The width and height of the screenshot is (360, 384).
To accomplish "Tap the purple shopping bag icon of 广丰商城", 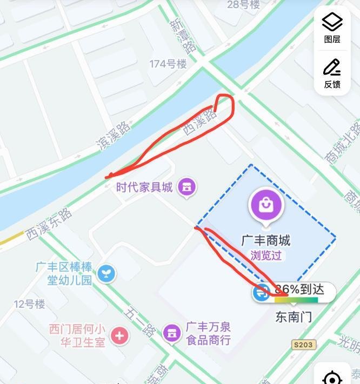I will [x=265, y=205].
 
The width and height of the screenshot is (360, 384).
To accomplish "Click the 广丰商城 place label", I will [x=265, y=240].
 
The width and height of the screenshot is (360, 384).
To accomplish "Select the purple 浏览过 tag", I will [x=265, y=255].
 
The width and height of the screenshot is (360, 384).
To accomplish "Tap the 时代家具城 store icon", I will [x=187, y=187].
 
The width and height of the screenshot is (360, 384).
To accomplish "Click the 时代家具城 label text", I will [x=144, y=187].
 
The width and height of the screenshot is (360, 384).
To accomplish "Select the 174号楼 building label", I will [x=168, y=64].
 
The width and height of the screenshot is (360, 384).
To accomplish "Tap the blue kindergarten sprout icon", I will [x=107, y=273].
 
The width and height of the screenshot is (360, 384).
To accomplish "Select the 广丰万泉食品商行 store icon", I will [x=172, y=333].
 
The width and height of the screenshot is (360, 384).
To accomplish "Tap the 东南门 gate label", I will [x=294, y=316].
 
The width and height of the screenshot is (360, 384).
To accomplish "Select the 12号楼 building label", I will [x=29, y=304].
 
